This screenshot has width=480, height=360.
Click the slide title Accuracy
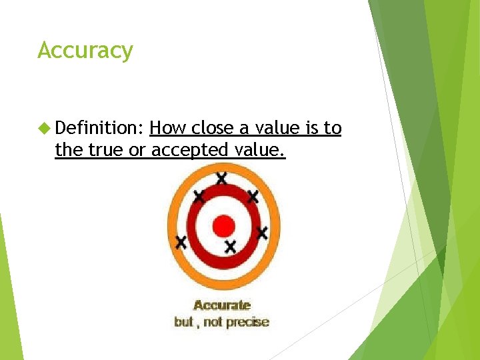[x=85, y=51]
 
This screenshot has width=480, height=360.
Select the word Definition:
[x=100, y=128]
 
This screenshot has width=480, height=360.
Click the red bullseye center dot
[x=224, y=226]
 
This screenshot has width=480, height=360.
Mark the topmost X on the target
[x=221, y=178]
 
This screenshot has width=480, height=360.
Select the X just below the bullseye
[x=231, y=247]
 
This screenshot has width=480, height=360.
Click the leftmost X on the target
[x=181, y=242]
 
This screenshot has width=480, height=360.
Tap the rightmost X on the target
[x=262, y=233]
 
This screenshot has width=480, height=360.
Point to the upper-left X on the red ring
[x=199, y=196]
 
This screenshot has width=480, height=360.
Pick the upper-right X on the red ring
[x=253, y=196]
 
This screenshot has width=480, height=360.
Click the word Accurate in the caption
[x=222, y=305]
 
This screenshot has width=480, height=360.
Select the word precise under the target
[x=247, y=322]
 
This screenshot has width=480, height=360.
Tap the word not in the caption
[x=213, y=322]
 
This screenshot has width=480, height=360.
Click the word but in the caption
[x=183, y=322]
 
